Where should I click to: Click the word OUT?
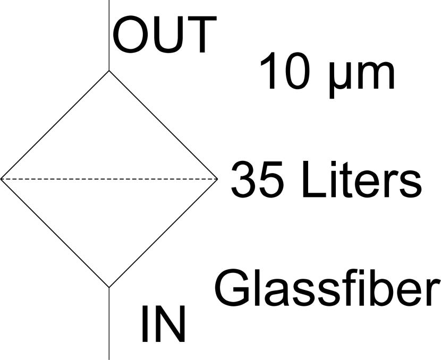165,35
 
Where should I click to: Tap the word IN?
164,324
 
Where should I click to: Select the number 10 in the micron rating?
285,71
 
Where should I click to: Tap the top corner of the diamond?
109,71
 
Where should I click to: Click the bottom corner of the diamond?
109,287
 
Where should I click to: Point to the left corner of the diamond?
1,179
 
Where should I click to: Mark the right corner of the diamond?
217,179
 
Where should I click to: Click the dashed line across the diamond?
109,179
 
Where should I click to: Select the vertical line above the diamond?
109,35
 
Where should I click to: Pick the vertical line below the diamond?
109,324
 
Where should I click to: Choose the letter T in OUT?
201,35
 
